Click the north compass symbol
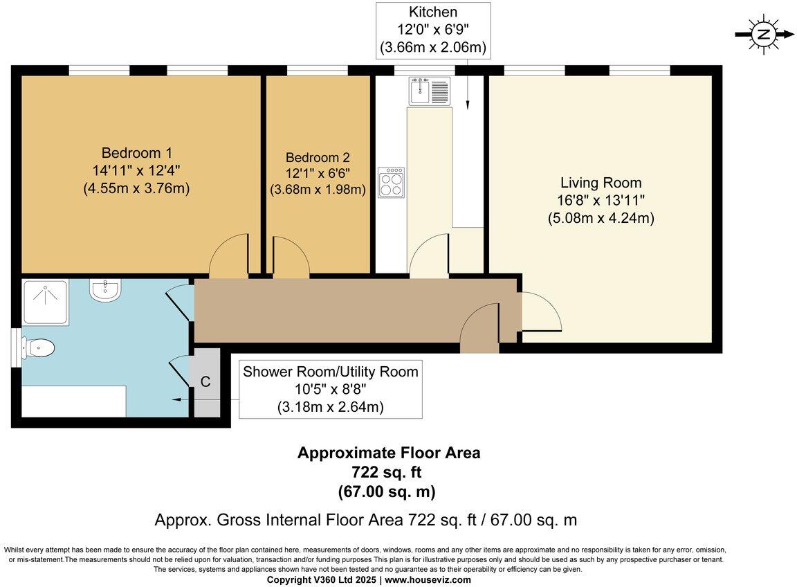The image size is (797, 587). click(x=764, y=34)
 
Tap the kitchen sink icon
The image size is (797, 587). click(x=429, y=91)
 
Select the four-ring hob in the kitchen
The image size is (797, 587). click(x=391, y=183)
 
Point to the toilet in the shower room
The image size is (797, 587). click(x=38, y=347)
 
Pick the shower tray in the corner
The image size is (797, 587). click(x=45, y=302)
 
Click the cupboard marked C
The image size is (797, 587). click(x=205, y=382)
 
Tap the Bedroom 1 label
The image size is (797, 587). click(x=136, y=153)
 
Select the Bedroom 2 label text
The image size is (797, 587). click(x=318, y=158)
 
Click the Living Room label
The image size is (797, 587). click(x=601, y=183)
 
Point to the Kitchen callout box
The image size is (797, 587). click(x=433, y=30)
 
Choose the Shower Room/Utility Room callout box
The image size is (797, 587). click(x=330, y=389)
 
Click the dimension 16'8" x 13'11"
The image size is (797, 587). click(x=601, y=201)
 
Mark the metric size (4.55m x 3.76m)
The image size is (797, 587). click(x=136, y=188)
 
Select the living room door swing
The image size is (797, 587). click(x=540, y=312)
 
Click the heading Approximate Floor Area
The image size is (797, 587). click(x=388, y=453)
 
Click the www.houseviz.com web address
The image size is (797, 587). click(x=428, y=580)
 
